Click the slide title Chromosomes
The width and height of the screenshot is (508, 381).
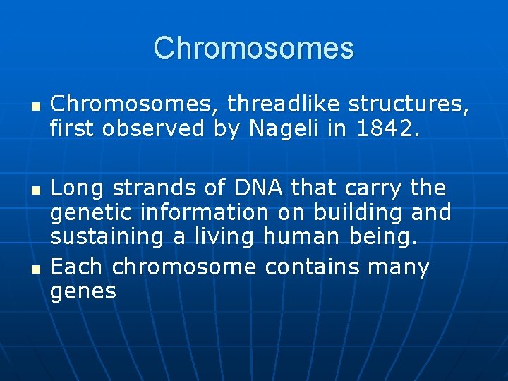[253, 48]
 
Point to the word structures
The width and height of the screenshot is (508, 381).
[411, 104]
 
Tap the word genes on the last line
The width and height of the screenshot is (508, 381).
[83, 291]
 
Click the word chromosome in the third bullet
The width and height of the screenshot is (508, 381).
[184, 267]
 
